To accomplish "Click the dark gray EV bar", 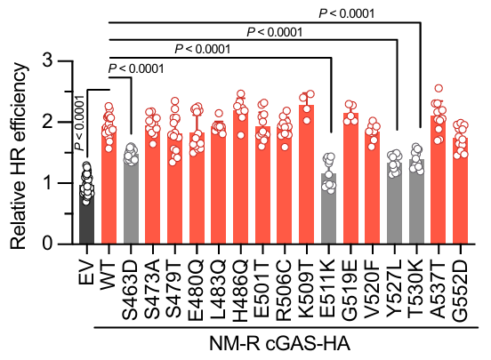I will click(86, 213).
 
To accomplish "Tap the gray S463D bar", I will click(131, 200).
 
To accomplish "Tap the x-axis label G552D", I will click(461, 279).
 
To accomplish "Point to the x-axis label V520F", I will click(373, 279).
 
